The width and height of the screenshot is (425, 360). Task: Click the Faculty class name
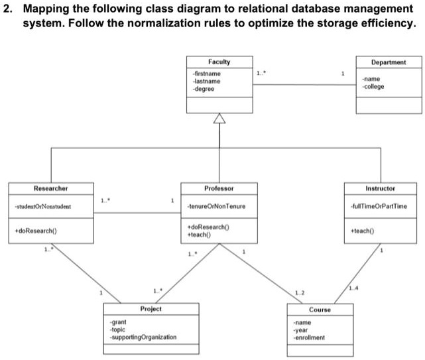(x=219, y=62)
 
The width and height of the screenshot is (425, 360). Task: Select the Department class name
(x=389, y=62)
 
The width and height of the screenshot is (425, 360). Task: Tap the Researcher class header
(x=50, y=188)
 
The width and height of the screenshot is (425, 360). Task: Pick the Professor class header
(x=219, y=188)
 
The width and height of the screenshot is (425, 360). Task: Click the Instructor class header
(x=380, y=188)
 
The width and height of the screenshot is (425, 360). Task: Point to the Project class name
(x=151, y=309)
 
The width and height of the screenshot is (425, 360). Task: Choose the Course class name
(x=320, y=310)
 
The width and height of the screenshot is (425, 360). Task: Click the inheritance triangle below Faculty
(x=219, y=119)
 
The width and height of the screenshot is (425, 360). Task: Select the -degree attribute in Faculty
(x=202, y=88)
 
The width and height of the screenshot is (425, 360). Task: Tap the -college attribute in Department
(x=373, y=86)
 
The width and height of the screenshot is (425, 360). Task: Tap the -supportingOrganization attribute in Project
(x=143, y=337)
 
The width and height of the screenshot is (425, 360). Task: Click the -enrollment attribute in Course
(x=309, y=337)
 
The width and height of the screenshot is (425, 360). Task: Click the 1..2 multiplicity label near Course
(x=300, y=292)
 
